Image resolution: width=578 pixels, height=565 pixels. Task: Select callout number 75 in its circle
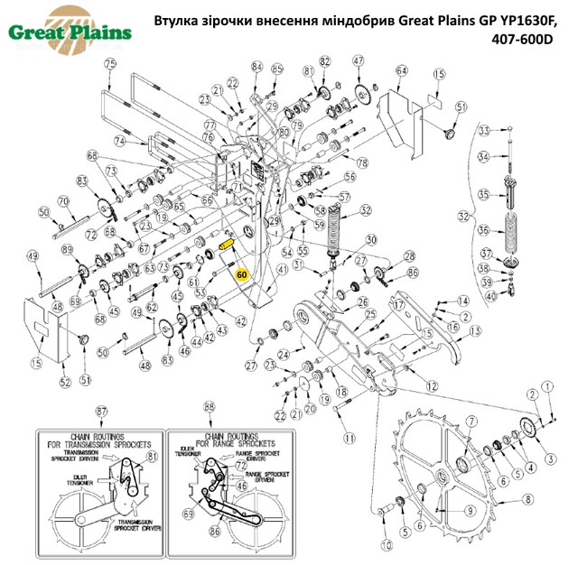[x=111, y=63]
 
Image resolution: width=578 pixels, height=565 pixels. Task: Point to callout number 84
[x=256, y=68]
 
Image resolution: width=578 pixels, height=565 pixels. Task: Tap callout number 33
[x=483, y=131]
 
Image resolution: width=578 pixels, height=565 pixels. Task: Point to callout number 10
[x=387, y=545]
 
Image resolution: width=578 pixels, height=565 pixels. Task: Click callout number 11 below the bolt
[x=350, y=438]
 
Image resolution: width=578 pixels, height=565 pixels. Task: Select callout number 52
[x=65, y=383]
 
